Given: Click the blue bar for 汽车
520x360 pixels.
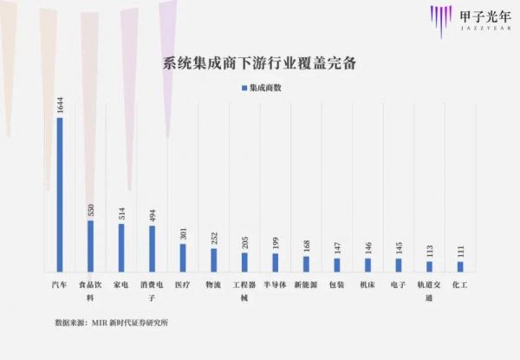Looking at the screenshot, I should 59,194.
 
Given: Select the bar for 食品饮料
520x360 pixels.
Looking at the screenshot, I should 90,245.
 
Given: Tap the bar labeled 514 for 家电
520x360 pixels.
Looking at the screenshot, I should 121,247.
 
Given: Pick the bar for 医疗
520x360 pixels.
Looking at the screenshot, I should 183,257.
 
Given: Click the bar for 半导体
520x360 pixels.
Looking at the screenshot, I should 276,262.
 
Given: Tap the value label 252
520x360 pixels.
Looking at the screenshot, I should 214,237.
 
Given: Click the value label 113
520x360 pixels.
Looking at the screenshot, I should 430,250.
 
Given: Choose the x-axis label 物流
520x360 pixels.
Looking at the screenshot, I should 213,283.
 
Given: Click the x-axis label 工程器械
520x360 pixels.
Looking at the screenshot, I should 244,290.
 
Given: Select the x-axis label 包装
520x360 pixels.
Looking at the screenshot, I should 336,283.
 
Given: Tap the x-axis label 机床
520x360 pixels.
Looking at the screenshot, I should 367,283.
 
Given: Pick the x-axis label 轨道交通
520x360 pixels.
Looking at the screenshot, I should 429,290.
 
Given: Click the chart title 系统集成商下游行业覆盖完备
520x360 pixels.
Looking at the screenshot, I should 260,63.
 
